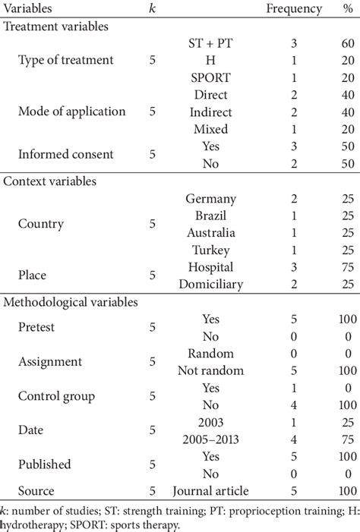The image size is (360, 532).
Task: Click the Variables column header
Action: coord(31,9)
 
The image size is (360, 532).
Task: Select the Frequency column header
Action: coord(289,9)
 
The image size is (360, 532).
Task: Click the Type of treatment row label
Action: coord(65,60)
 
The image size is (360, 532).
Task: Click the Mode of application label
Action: coord(71,111)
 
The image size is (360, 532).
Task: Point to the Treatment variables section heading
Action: coord(55,25)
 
